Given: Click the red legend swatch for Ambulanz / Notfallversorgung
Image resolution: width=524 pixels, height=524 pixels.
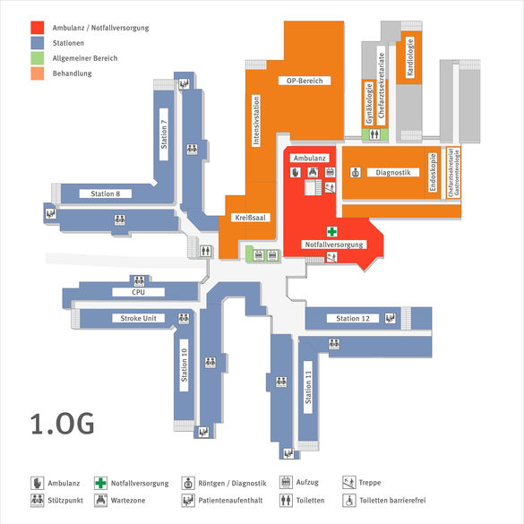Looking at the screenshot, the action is [x=37, y=28].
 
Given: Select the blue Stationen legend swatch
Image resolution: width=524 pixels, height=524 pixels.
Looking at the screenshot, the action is [x=37, y=43].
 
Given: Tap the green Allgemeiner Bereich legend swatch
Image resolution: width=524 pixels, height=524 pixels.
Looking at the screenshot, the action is [x=37, y=58].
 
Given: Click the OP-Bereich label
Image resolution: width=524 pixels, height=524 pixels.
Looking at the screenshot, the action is [x=305, y=81].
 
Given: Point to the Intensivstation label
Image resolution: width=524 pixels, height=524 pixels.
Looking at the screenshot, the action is [x=256, y=121].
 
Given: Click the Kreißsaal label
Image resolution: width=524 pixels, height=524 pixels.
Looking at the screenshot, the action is [x=250, y=218].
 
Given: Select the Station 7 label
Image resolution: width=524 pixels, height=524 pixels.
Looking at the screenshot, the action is [x=164, y=134].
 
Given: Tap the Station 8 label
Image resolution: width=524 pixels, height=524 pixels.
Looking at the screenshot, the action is [x=106, y=193].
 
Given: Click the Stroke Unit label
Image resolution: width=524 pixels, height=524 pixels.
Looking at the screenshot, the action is [x=138, y=318].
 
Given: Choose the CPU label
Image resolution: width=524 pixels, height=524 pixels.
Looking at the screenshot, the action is [x=138, y=292].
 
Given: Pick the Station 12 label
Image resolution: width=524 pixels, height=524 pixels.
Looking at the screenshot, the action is [x=353, y=319].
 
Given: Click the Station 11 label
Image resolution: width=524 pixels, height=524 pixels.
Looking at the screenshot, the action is [x=308, y=387].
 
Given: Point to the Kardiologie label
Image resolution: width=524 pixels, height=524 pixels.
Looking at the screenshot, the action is [x=410, y=57].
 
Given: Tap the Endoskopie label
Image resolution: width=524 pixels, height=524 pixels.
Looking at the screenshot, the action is [x=433, y=173].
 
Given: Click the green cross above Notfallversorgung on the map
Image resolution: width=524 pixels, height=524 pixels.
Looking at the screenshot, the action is [x=331, y=231].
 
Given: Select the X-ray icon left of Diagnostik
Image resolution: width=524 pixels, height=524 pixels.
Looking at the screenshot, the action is [x=356, y=173].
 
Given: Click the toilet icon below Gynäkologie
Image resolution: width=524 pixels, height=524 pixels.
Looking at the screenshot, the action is [x=374, y=134].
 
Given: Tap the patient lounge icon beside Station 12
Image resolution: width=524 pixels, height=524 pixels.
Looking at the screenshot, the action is [x=390, y=318].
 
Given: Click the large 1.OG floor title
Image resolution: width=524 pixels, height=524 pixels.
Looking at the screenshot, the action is [x=62, y=424].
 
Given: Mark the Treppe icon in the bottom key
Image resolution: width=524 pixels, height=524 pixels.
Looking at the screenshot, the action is [x=349, y=483].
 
